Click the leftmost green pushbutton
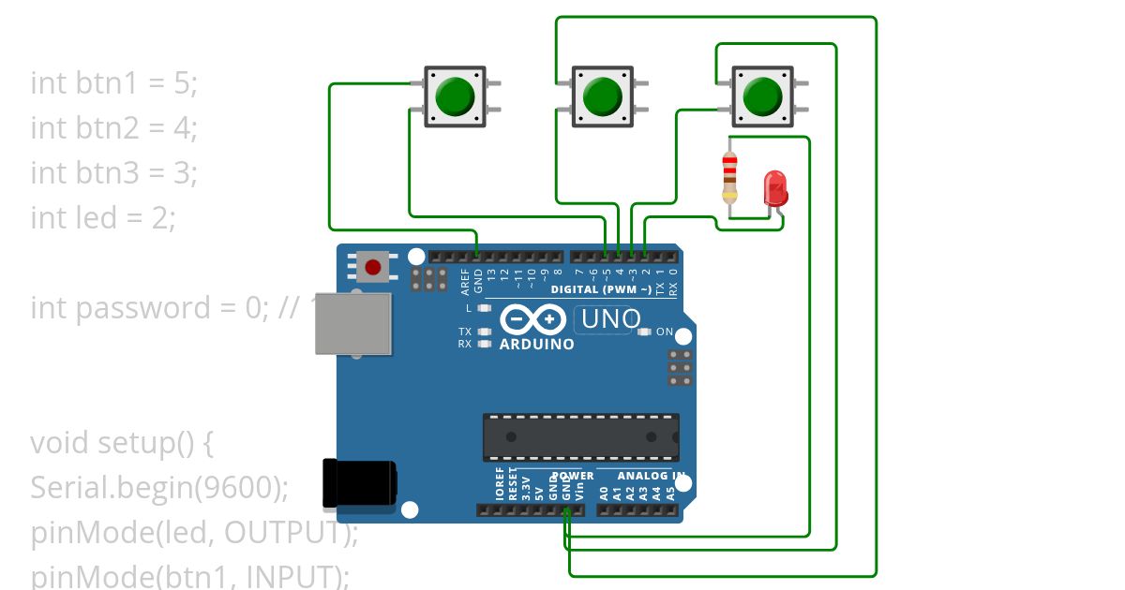coord(456,96)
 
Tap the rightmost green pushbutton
coord(762,96)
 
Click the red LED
coord(775,188)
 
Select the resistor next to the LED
coord(729,177)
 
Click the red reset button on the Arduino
coord(373,267)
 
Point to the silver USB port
coord(353,324)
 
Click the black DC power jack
coord(359,482)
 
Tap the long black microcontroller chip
coord(580,437)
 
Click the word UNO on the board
coord(611,319)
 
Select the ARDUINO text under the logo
coord(537,344)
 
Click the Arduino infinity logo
coord(532,320)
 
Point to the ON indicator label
coord(664,332)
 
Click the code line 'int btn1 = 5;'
coord(114,82)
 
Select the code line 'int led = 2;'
coord(103,217)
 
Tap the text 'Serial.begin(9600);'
coord(159,487)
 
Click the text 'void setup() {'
coord(122,442)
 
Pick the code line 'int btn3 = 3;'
coord(114,172)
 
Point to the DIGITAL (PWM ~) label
coord(601,289)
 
